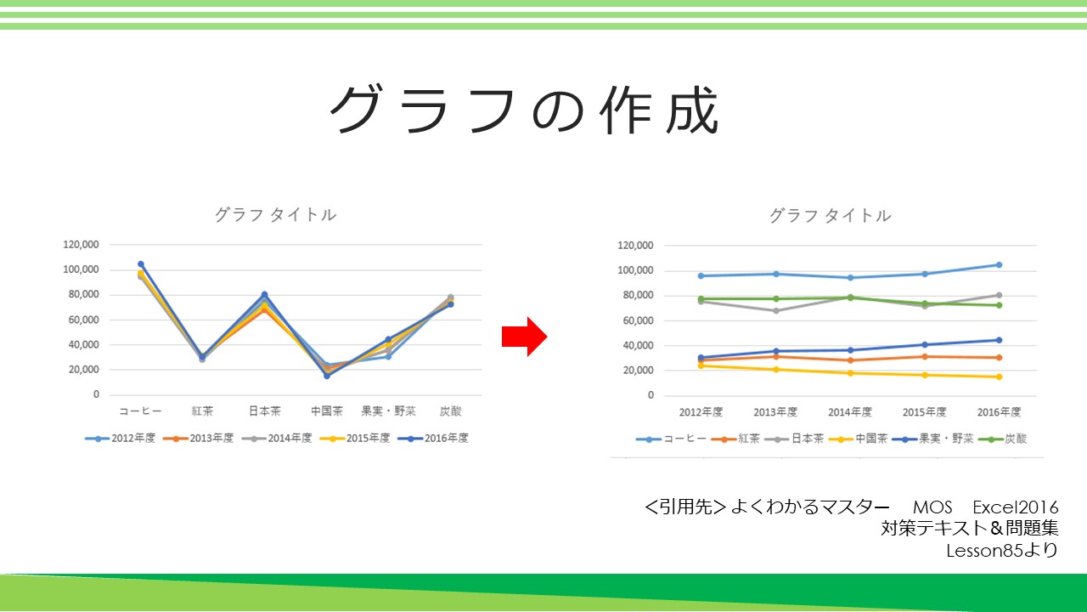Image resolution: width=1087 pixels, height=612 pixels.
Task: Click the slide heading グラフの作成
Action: (x=524, y=110)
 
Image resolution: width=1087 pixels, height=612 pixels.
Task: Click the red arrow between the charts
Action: (x=525, y=337)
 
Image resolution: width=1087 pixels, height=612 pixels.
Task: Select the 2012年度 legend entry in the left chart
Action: (x=121, y=438)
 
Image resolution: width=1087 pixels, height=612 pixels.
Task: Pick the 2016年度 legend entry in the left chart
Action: (x=433, y=438)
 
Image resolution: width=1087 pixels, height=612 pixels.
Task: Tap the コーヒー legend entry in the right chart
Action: (x=671, y=439)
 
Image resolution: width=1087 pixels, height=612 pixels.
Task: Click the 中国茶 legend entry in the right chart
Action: (x=858, y=439)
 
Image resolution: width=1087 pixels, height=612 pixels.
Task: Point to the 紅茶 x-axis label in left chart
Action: (x=202, y=411)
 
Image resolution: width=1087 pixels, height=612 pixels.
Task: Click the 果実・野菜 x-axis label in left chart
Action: (x=388, y=411)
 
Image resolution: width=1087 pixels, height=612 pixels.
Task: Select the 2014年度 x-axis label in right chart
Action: (x=850, y=412)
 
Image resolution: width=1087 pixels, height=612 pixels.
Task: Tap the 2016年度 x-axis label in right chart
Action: (x=999, y=412)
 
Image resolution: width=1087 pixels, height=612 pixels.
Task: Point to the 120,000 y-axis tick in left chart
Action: (x=81, y=244)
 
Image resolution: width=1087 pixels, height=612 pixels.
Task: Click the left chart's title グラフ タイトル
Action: (x=275, y=215)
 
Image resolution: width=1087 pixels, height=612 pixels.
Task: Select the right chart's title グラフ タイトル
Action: (x=830, y=216)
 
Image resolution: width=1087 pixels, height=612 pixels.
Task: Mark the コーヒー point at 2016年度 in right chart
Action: (x=999, y=265)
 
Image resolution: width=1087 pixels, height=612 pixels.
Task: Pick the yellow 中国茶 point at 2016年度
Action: (x=999, y=377)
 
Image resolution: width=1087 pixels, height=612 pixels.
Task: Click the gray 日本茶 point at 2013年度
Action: (x=775, y=311)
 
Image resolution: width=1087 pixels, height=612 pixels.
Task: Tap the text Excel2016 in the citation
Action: (x=1015, y=507)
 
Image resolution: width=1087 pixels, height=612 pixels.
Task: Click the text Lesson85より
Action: (x=1002, y=550)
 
